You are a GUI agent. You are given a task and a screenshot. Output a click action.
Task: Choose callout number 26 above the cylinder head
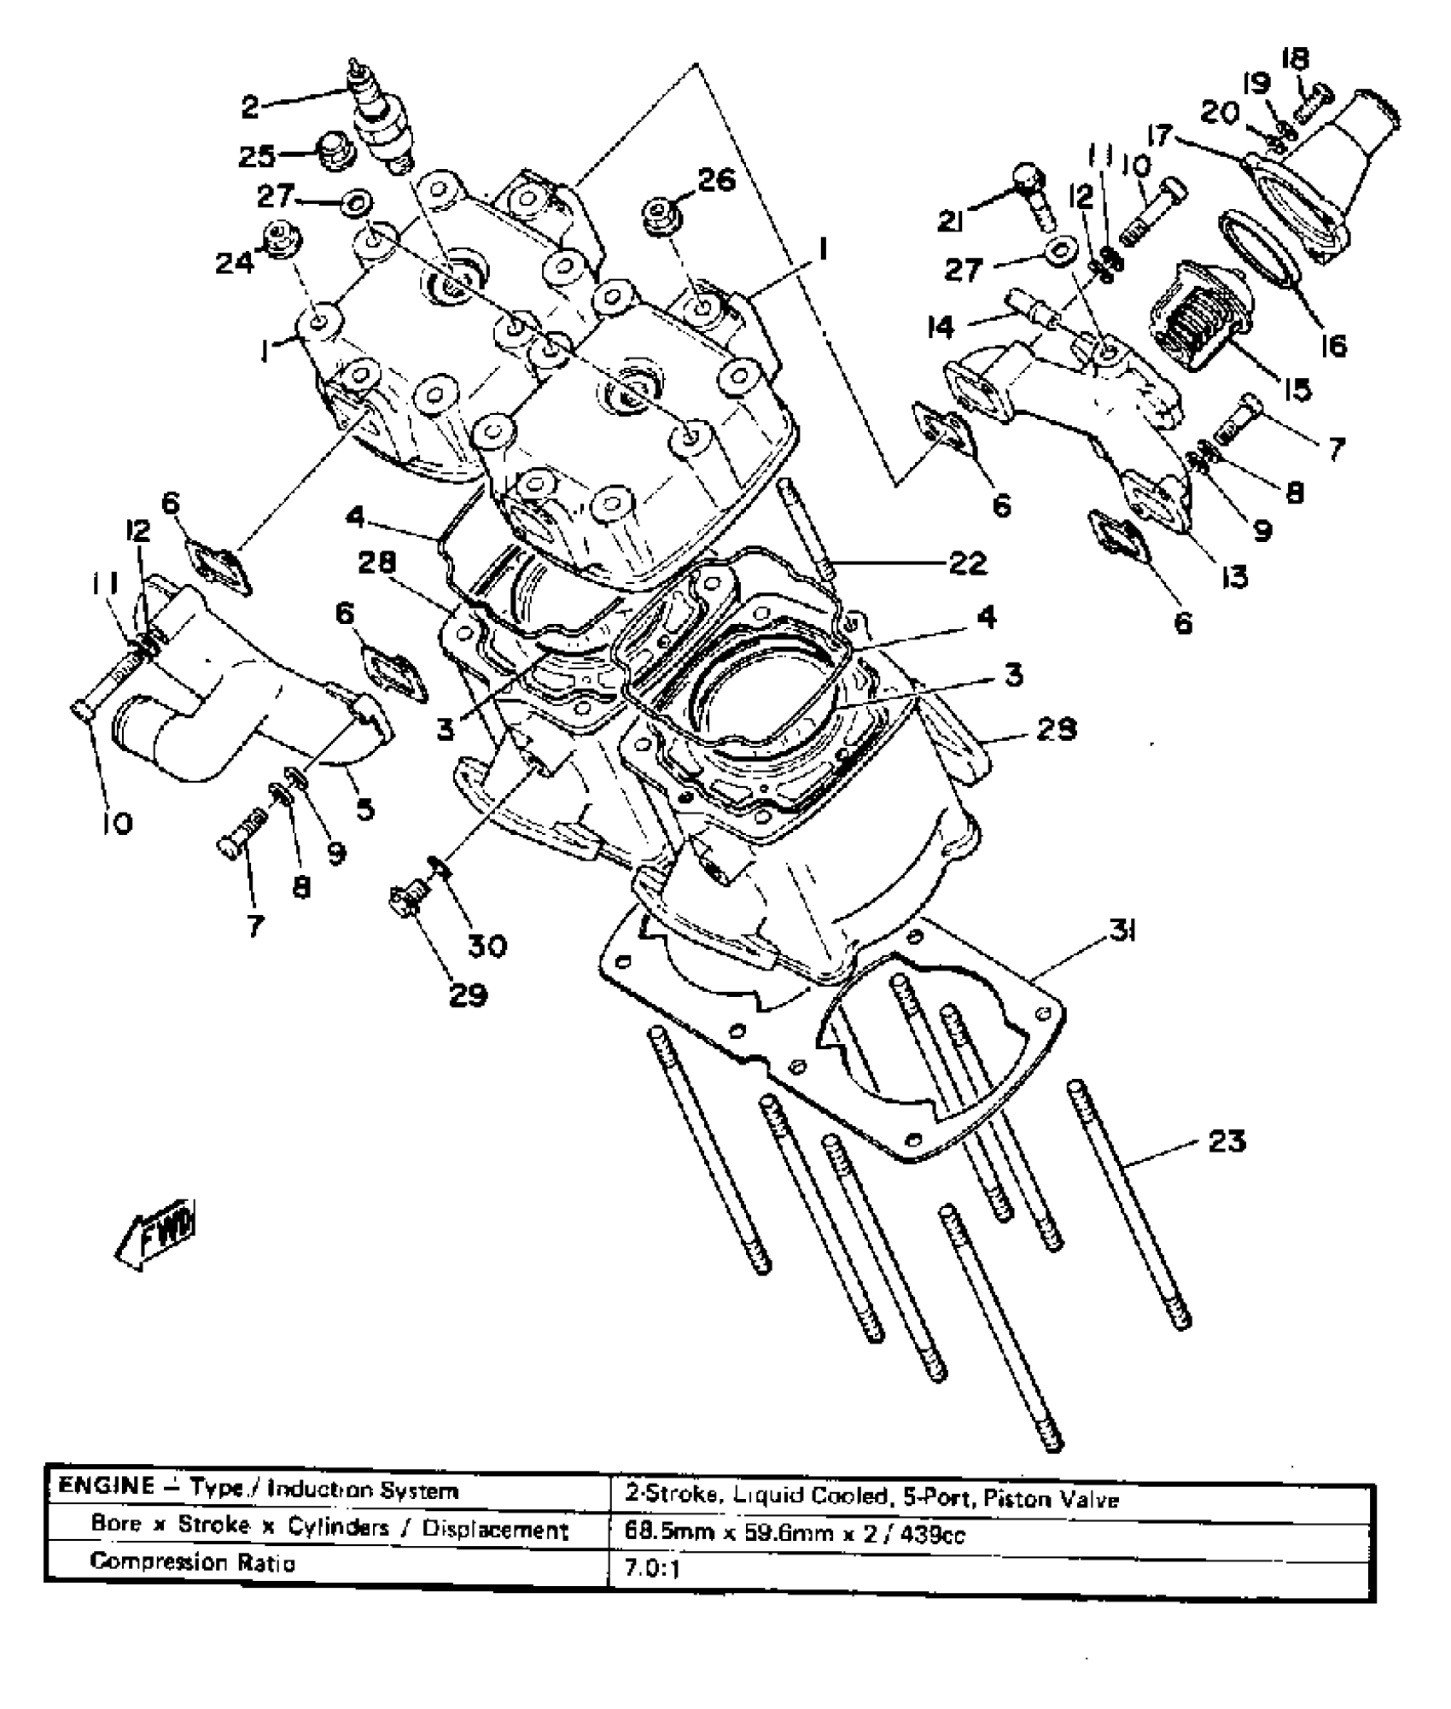pyautogui.click(x=716, y=180)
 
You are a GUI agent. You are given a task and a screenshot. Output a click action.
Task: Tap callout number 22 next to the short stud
pyautogui.click(x=966, y=563)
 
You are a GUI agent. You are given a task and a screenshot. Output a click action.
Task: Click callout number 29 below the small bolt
pyautogui.click(x=468, y=994)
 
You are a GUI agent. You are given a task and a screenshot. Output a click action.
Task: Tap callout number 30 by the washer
pyautogui.click(x=487, y=944)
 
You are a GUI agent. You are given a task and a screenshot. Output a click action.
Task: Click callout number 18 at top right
pyautogui.click(x=1295, y=61)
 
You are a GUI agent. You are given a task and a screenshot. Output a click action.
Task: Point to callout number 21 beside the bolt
pyautogui.click(x=952, y=221)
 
